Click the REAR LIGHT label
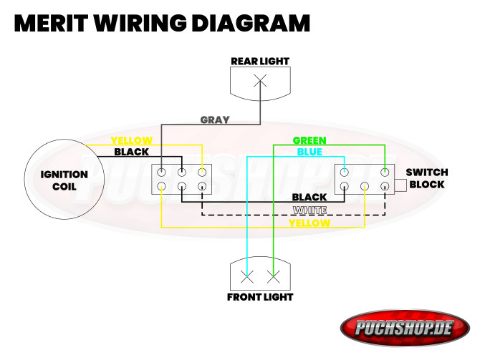pyautogui.click(x=259, y=61)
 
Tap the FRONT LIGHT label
pyautogui.click(x=259, y=296)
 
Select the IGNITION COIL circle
pyautogui.click(x=63, y=180)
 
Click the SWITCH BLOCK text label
pyautogui.click(x=426, y=178)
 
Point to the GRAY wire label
pyautogui.click(x=215, y=120)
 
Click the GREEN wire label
pyautogui.click(x=309, y=140)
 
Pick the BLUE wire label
pyautogui.click(x=309, y=152)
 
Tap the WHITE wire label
pyautogui.click(x=309, y=210)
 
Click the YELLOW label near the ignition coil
pyautogui.click(x=132, y=140)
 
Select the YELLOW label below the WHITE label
pyautogui.click(x=309, y=223)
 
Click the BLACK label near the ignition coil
pyautogui.click(x=132, y=152)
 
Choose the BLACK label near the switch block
pyautogui.click(x=309, y=197)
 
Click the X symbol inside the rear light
pyautogui.click(x=259, y=81)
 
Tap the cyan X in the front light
pyautogui.click(x=247, y=275)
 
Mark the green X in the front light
pyautogui.click(x=273, y=275)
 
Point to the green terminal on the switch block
pyautogui.click(x=385, y=172)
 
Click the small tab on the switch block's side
pyautogui.click(x=400, y=185)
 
